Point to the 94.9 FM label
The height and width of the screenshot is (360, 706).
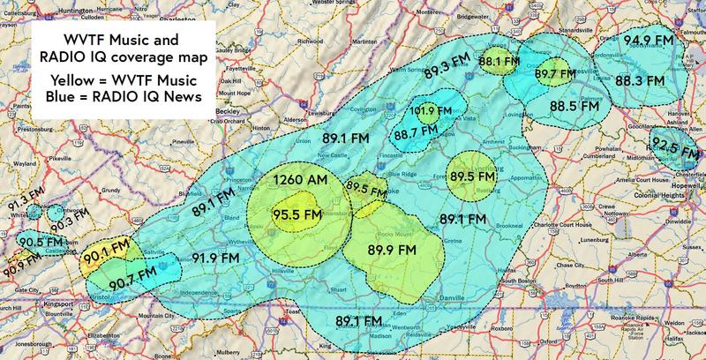pos(649,40)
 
